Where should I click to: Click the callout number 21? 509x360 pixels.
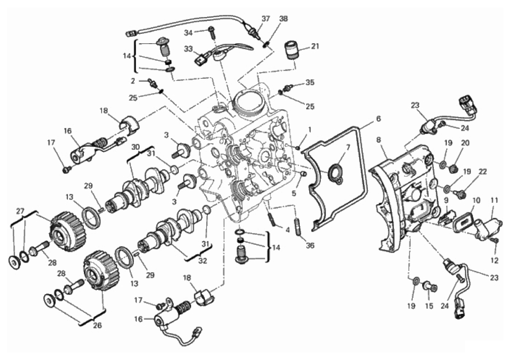pos(315,46)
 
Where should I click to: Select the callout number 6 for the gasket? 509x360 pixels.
pos(379,119)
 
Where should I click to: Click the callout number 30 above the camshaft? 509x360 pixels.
pos(135,146)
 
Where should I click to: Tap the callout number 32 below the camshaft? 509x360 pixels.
pos(203,261)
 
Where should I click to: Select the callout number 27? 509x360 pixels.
pos(21,211)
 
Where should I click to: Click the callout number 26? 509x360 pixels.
pos(98,325)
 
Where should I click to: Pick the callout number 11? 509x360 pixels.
pos(494,200)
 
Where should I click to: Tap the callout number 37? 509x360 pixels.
pos(266,18)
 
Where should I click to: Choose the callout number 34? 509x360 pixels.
pos(189,33)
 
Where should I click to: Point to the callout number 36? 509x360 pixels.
pos(310,245)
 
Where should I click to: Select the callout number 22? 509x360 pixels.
pos(483,172)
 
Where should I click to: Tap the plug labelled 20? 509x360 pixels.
pos(454,168)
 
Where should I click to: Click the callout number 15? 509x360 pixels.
pos(429,306)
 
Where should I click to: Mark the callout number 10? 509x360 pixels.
pos(476,200)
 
